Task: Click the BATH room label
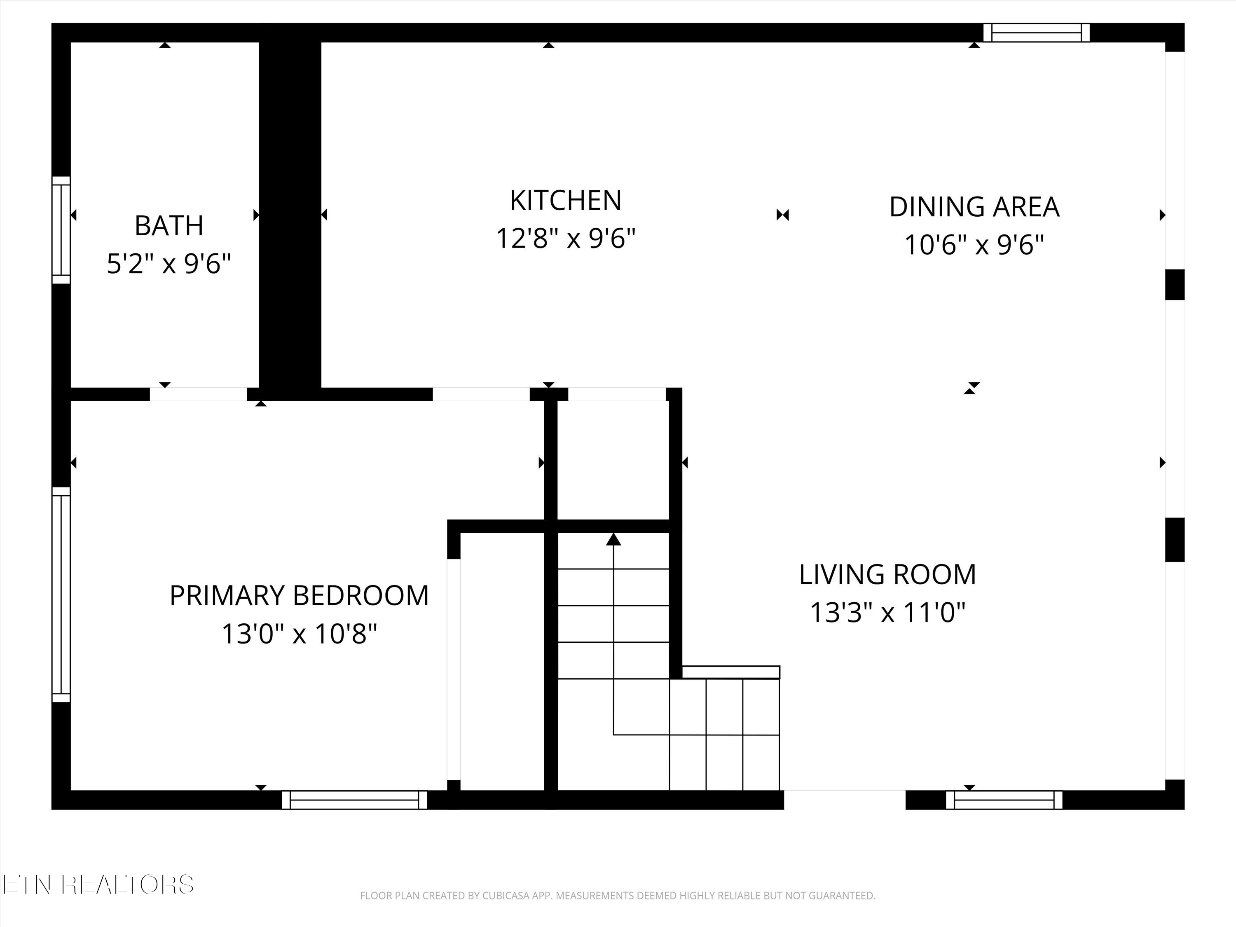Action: [x=169, y=226]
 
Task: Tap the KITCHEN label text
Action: [x=566, y=201]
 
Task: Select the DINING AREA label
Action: [x=974, y=207]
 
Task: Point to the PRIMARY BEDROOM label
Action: [x=299, y=596]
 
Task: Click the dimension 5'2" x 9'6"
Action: [x=169, y=264]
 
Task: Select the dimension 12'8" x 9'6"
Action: [x=566, y=239]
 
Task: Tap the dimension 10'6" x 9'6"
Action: [x=974, y=245]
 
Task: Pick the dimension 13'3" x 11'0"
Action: [x=887, y=612]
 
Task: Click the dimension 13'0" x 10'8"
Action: [x=299, y=634]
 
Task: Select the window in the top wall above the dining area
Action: [x=1037, y=33]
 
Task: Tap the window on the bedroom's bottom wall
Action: [x=354, y=800]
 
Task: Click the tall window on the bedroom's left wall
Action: [x=61, y=595]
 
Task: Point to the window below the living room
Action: [x=1004, y=800]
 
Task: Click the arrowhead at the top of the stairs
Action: [x=613, y=539]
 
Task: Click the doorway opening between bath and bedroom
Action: [x=198, y=394]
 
